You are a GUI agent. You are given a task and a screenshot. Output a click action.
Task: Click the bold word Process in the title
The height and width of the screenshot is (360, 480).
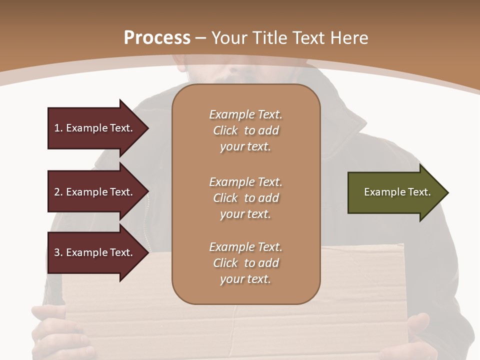pos(157,38)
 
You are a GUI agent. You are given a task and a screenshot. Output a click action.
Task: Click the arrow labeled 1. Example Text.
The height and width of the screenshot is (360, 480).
pos(95,128)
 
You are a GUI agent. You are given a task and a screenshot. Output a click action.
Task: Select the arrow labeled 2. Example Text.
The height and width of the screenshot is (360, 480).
pos(95,192)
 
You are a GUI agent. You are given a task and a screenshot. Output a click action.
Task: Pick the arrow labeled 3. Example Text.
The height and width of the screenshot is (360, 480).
pos(95,252)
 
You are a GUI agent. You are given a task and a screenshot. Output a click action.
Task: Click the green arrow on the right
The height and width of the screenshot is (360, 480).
pos(395,192)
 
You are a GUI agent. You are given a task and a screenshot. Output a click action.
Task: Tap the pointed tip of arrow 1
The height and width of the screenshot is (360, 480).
pos(147,128)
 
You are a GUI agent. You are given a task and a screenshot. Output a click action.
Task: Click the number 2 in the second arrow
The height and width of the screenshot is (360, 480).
pos(57,192)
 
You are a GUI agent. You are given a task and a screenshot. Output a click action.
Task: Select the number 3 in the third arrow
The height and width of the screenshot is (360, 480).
pos(57,252)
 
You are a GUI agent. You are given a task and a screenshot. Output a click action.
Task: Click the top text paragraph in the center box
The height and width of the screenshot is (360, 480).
pos(245,130)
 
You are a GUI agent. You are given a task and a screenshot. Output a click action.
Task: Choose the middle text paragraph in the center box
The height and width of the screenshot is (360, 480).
pos(245,198)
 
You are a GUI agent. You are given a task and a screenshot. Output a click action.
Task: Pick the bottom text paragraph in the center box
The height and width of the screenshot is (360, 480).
pos(245,263)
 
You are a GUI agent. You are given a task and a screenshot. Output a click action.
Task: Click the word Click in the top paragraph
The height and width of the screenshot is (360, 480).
pos(225,130)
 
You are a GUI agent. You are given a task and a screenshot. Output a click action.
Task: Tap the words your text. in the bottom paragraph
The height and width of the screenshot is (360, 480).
pos(245,279)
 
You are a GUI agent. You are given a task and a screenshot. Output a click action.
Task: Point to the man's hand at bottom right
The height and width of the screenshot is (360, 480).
pos(430,335)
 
